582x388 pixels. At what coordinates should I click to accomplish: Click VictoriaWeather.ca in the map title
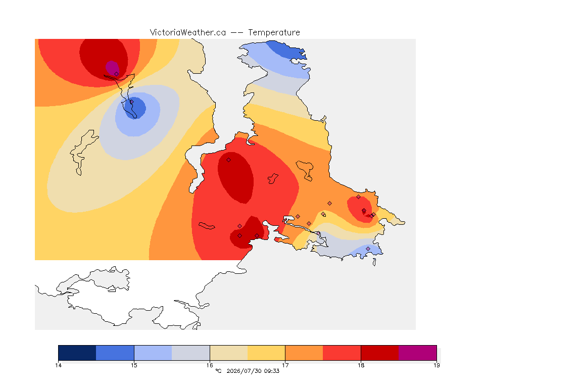[188, 33]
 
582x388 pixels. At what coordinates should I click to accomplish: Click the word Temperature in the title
[274, 33]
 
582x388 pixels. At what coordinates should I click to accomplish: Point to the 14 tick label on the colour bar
[58, 365]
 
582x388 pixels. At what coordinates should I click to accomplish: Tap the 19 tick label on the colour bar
[437, 365]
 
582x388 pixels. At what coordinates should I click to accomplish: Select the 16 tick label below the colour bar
[210, 365]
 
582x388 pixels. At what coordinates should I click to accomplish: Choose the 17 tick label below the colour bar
[285, 365]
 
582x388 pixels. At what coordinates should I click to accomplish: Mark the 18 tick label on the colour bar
[361, 365]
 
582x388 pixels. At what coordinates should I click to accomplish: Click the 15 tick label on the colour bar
[134, 365]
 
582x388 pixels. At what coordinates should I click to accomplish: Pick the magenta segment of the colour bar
[418, 353]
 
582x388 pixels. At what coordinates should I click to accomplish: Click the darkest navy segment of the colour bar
[77, 353]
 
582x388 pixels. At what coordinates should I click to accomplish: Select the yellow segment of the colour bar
[266, 353]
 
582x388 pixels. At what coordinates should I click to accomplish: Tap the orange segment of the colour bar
[304, 353]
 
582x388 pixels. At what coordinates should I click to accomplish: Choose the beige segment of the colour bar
[229, 353]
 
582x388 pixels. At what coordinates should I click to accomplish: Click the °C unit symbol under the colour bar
[218, 371]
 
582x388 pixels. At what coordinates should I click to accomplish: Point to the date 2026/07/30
[244, 371]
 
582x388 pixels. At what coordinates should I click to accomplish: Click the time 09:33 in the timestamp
[272, 371]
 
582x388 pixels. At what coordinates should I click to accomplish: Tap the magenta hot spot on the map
[112, 68]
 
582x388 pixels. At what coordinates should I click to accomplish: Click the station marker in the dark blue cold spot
[131, 102]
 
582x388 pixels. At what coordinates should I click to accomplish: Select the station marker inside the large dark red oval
[229, 160]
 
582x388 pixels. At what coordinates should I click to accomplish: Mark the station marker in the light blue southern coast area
[368, 249]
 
